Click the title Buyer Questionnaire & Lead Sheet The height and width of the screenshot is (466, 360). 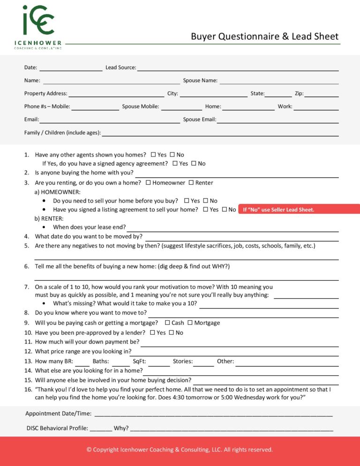pyautogui.click(x=264, y=37)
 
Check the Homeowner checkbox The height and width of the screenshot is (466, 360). pyautogui.click(x=149, y=183)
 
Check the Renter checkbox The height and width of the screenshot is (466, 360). pyautogui.click(x=191, y=183)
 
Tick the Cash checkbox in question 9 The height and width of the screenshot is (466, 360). pyautogui.click(x=167, y=323)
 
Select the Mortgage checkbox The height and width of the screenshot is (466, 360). pyautogui.click(x=190, y=323)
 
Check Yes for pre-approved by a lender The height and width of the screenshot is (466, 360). pyautogui.click(x=152, y=333)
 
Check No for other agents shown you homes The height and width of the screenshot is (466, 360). pyautogui.click(x=172, y=155)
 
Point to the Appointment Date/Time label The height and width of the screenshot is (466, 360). pyautogui.click(x=58, y=413)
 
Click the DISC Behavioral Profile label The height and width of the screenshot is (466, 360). pyautogui.click(x=57, y=428)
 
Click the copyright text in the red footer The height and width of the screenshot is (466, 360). pyautogui.click(x=180, y=450)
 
